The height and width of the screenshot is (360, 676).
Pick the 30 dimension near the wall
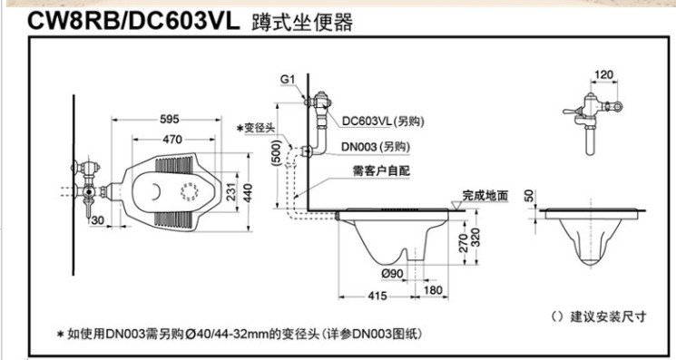97,220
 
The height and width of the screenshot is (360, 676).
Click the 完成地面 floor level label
485,195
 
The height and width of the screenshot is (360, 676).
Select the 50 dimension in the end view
532,195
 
